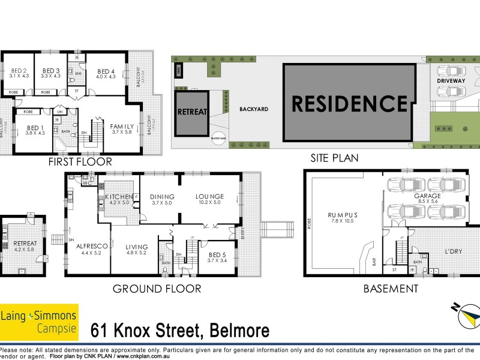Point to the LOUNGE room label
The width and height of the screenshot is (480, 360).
pyautogui.click(x=209, y=197)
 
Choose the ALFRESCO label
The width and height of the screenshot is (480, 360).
pyautogui.click(x=92, y=246)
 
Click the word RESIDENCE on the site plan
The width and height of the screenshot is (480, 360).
pyautogui.click(x=349, y=103)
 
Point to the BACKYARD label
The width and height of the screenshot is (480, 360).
pyautogui.click(x=253, y=109)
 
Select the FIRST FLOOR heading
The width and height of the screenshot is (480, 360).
pyautogui.click(x=81, y=161)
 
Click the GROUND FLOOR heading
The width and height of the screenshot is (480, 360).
pyautogui.click(x=157, y=289)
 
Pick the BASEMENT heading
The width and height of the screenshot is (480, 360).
pyautogui.click(x=391, y=289)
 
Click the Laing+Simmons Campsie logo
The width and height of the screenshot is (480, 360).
pyautogui.click(x=39, y=322)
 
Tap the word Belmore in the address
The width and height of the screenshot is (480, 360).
pyautogui.click(x=238, y=330)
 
